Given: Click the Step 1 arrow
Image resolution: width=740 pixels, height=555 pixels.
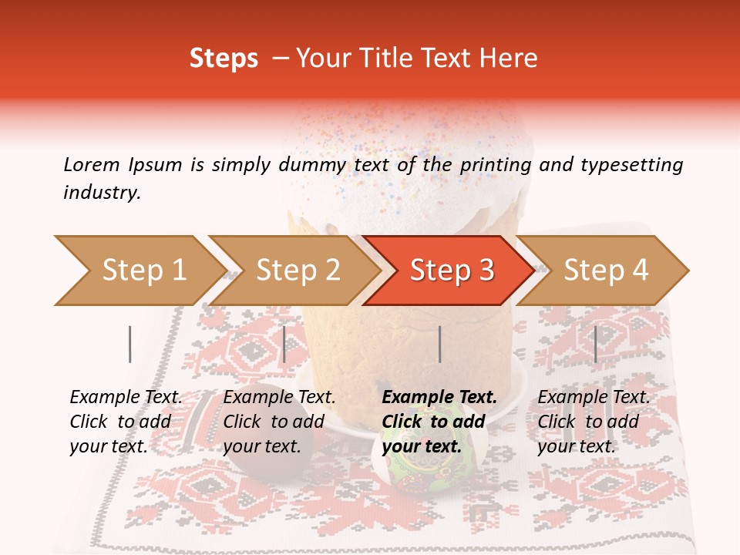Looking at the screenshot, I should (x=139, y=270).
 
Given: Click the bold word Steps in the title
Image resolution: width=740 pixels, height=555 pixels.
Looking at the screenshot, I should (x=224, y=59).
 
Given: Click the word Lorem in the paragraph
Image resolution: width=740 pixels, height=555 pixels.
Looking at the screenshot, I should (x=92, y=164).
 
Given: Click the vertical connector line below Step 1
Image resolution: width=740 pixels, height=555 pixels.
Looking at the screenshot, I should (x=130, y=344).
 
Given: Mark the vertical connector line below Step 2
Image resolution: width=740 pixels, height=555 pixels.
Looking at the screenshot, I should (x=284, y=344).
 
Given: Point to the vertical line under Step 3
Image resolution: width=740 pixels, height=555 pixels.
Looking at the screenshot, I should (x=439, y=344).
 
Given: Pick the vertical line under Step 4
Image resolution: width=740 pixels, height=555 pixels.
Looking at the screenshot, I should (x=595, y=344).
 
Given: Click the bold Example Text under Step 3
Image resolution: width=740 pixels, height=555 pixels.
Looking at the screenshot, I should (x=439, y=397).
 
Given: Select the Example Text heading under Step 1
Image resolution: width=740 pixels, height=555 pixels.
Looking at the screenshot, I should (x=126, y=397).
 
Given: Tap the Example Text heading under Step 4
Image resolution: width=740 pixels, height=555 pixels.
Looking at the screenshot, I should (x=594, y=397).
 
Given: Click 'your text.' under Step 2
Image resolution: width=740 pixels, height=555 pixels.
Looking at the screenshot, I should (x=262, y=446).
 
